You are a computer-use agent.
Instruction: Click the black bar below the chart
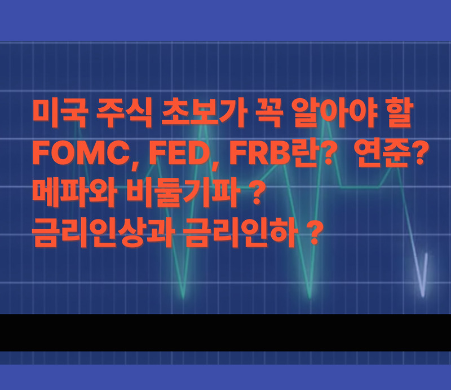(225, 332)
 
